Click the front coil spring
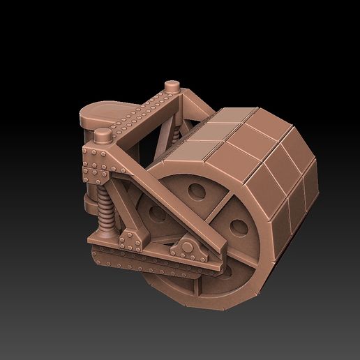105,211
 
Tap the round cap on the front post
103,134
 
